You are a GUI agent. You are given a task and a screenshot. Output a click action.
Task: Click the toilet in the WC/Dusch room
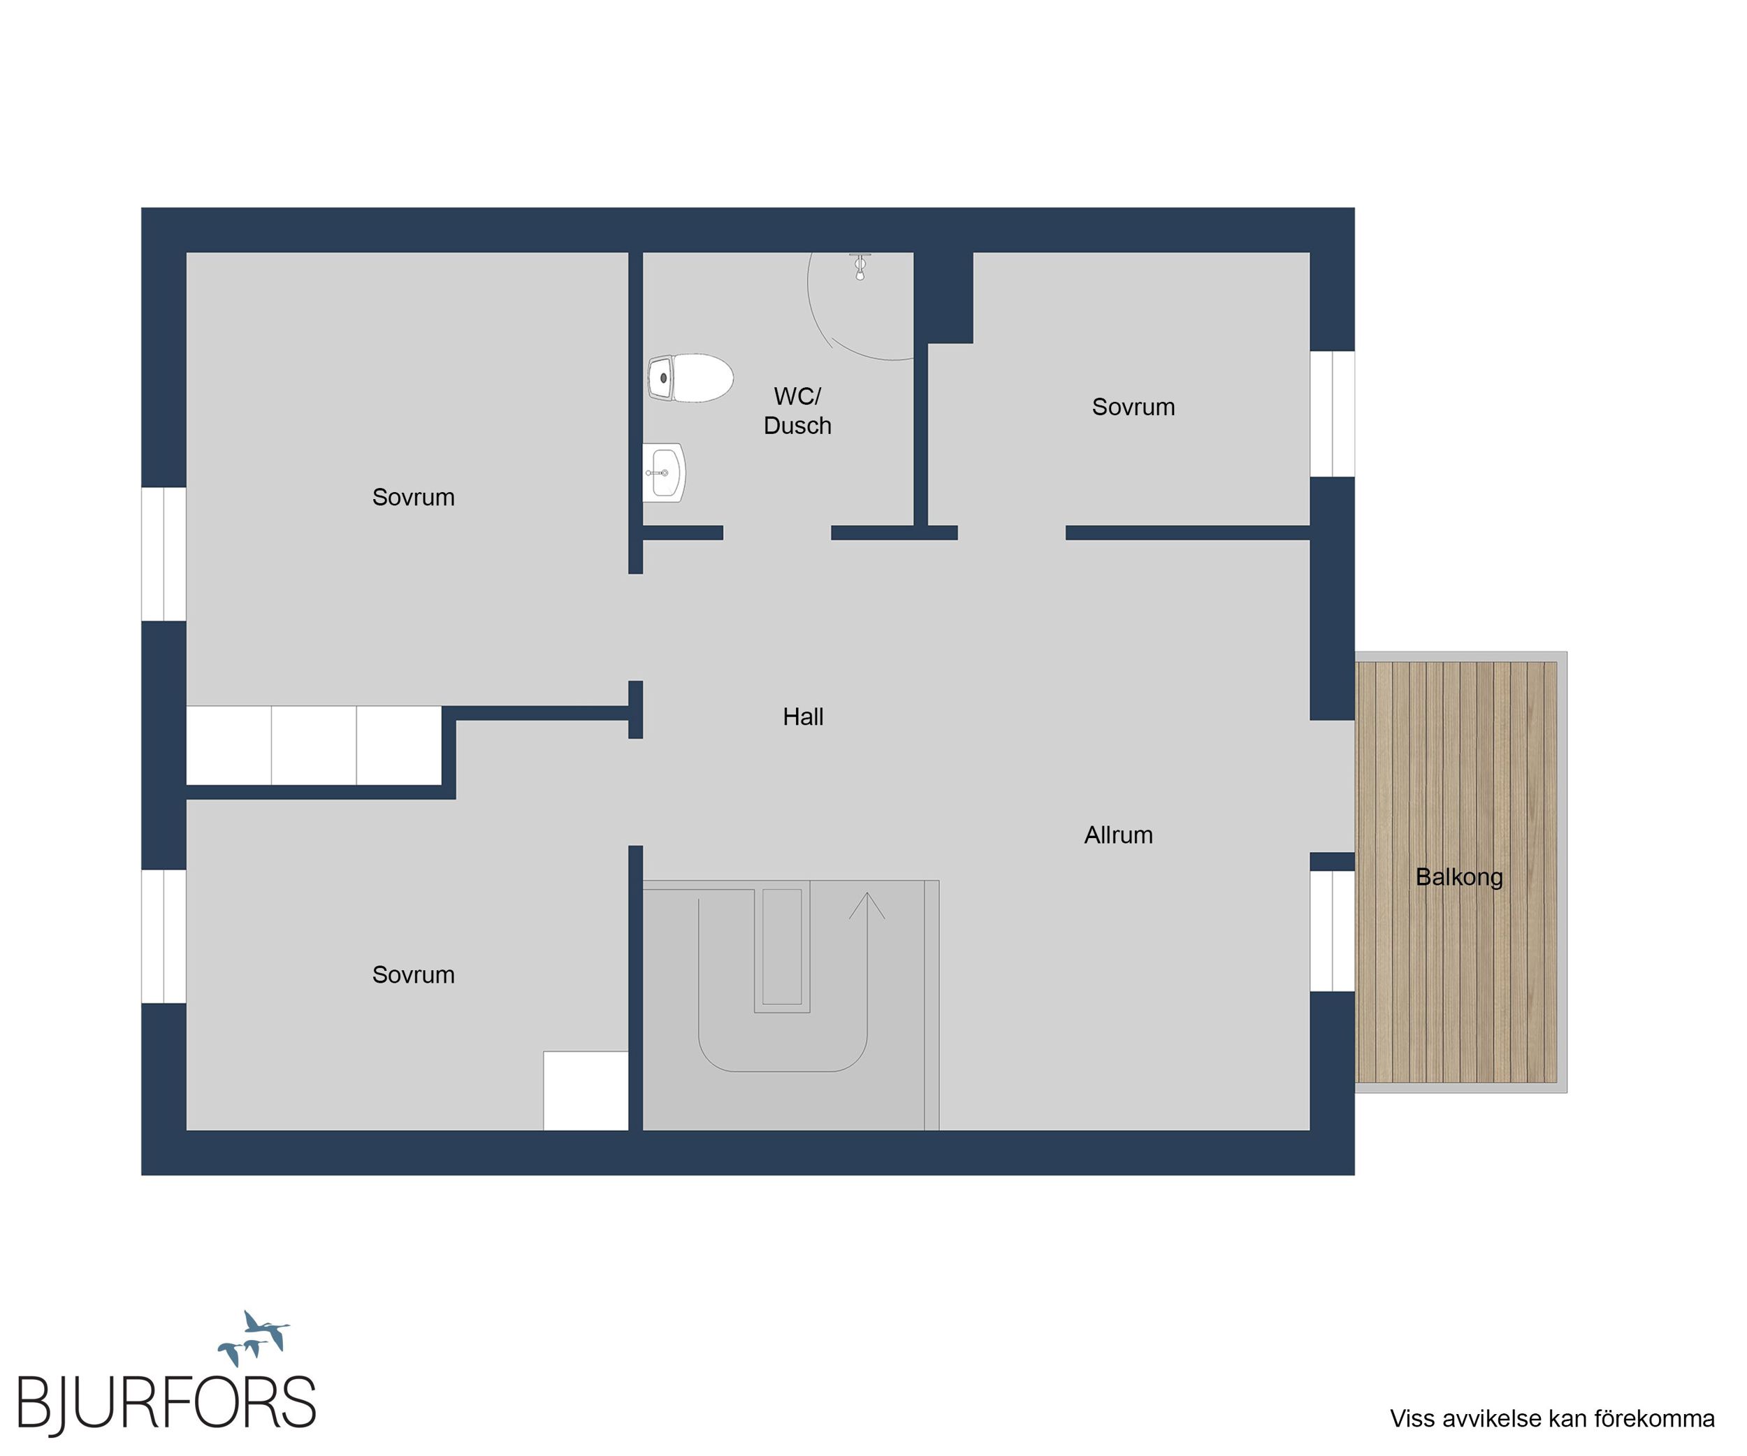click(x=690, y=379)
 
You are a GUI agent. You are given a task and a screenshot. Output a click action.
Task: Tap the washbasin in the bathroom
click(x=665, y=473)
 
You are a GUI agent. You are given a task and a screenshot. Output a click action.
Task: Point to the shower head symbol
click(x=860, y=266)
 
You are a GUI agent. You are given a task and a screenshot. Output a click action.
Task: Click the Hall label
click(x=803, y=716)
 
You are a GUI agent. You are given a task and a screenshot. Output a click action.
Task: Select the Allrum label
click(x=1118, y=835)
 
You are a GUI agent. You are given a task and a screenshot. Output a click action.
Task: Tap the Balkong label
click(x=1459, y=877)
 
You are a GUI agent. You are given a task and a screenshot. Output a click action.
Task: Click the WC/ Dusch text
click(x=797, y=411)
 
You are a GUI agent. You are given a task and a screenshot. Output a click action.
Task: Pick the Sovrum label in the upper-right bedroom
click(x=1133, y=407)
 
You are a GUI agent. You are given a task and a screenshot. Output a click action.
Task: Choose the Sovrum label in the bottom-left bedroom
click(x=414, y=974)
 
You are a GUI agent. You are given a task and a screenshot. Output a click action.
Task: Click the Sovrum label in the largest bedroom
click(x=414, y=497)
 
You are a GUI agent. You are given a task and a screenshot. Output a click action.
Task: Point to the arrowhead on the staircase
click(x=867, y=905)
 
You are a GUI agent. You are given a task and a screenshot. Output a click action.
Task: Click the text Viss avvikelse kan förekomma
click(x=1552, y=1418)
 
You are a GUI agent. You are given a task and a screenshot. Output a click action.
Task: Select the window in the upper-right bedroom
click(x=1333, y=414)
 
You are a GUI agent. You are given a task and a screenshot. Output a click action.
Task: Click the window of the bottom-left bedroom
click(x=164, y=936)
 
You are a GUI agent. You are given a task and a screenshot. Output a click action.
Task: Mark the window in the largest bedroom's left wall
click(x=164, y=554)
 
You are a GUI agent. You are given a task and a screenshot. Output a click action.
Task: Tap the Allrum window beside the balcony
click(x=1333, y=931)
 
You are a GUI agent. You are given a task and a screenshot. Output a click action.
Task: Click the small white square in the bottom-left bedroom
click(x=586, y=1090)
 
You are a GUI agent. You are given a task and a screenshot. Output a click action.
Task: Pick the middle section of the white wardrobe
click(x=314, y=744)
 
